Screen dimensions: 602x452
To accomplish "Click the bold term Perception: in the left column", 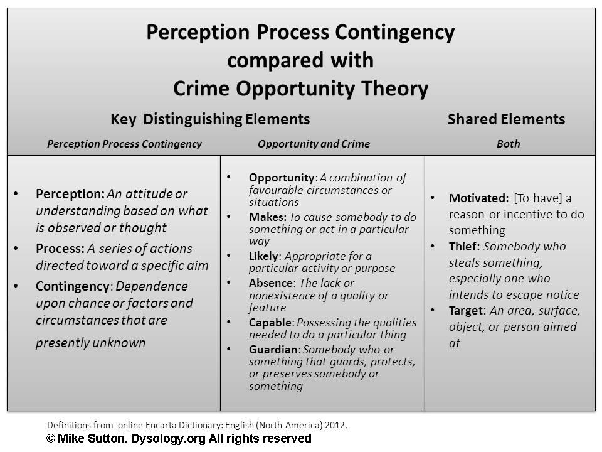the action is click(x=70, y=194).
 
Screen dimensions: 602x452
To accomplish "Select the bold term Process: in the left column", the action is click(x=60, y=249).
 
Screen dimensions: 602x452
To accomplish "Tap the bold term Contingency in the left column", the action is click(x=73, y=287).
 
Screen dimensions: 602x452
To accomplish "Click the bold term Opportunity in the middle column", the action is click(x=282, y=178).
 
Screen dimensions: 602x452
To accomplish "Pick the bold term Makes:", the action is click(x=268, y=217).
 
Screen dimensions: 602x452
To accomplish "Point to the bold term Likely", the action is click(x=263, y=256).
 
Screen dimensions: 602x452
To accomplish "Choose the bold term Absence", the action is click(x=271, y=283).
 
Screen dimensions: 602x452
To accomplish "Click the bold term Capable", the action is click(x=271, y=323).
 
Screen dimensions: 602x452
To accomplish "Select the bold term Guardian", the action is click(x=273, y=350).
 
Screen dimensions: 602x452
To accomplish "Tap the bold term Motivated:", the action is click(x=478, y=198).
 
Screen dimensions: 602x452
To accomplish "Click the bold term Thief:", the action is click(x=465, y=246).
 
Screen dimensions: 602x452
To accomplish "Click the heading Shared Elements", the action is click(x=507, y=119).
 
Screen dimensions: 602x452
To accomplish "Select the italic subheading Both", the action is click(x=509, y=144).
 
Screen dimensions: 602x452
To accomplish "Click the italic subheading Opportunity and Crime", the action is click(x=314, y=144).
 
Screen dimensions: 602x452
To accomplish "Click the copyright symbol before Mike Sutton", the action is click(x=51, y=439).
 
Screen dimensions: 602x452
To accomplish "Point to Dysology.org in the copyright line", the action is click(x=168, y=439).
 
